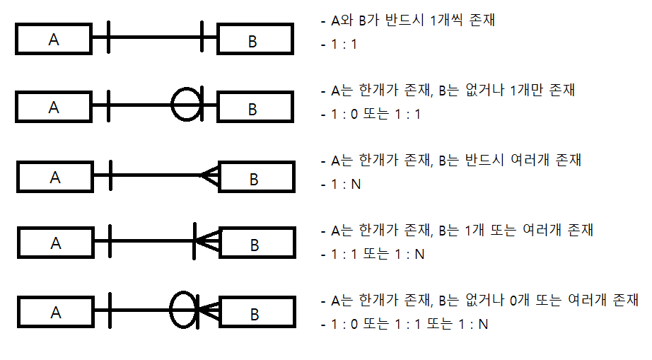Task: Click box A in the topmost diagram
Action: coord(53,40)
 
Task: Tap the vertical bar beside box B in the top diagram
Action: coord(203,37)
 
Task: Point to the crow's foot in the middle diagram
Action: coord(209,175)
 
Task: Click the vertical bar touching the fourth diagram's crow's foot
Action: coord(194,241)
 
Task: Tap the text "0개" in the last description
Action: coord(520,300)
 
